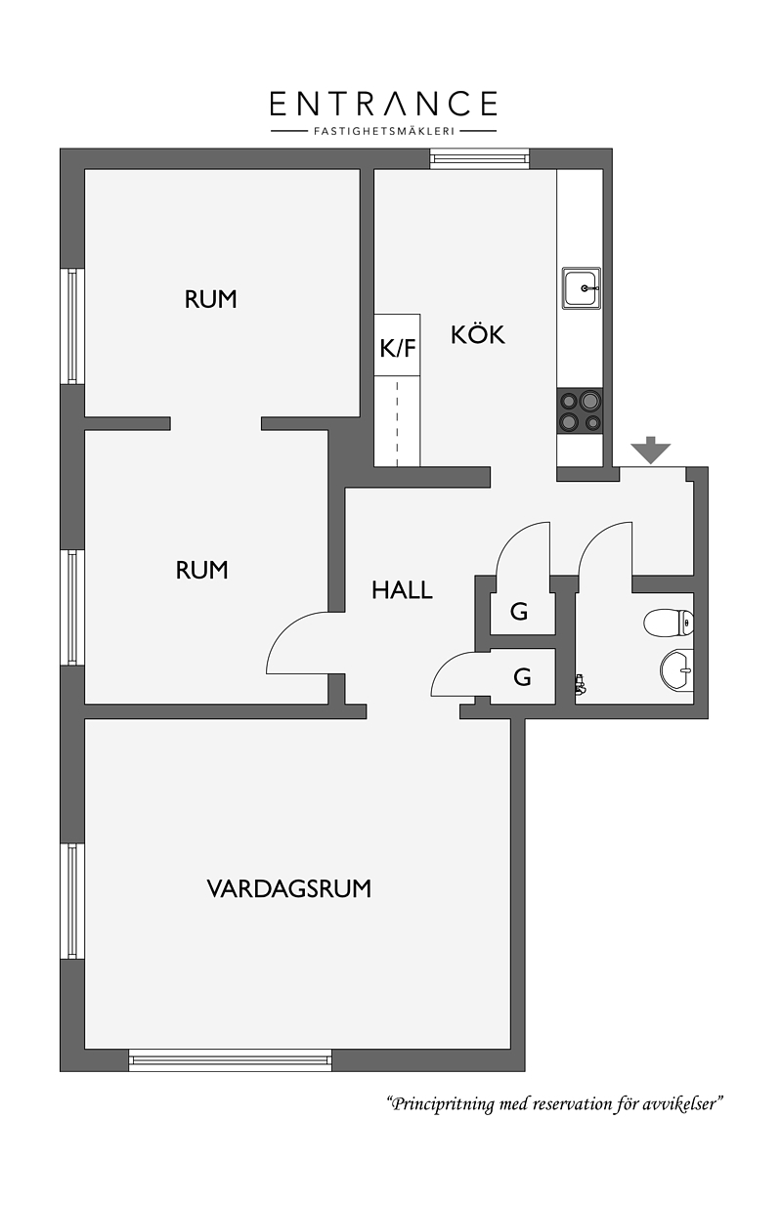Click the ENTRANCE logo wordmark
pos(383,104)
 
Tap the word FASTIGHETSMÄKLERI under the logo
pos(384,131)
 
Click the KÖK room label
pos(478,334)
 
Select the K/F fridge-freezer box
pos(397,345)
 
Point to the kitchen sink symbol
pos(582,287)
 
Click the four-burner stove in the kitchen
pos(581,411)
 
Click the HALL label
pos(402,590)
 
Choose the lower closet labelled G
pos(523,676)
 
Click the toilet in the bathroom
pos(669,623)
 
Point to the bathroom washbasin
pos(676,670)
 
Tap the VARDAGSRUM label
pos(289,888)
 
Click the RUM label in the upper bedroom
pos(210,299)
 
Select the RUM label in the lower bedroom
pos(201,570)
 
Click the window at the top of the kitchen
pos(480,158)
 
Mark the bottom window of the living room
pos(231,1059)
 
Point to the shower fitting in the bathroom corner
pos(581,684)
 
